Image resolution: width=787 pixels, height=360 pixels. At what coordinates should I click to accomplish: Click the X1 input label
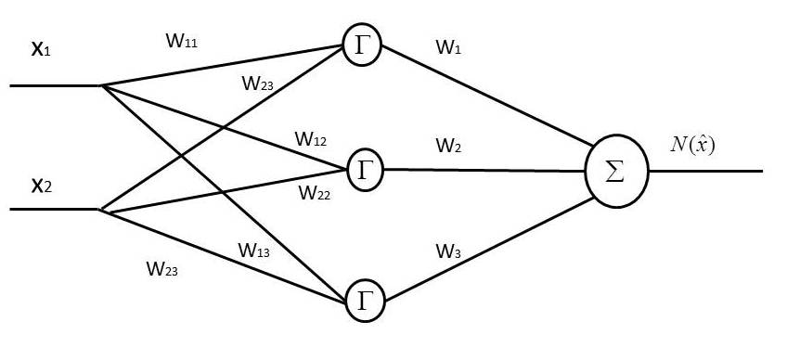tap(41, 48)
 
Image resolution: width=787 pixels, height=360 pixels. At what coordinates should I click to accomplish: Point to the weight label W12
tap(311, 140)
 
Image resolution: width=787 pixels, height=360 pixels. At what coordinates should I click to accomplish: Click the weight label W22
tap(313, 192)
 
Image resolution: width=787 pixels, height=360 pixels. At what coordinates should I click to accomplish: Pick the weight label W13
tap(254, 250)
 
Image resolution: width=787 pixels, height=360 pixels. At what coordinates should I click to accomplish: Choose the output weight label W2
tap(447, 147)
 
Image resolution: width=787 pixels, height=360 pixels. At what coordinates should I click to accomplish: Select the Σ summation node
tap(614, 172)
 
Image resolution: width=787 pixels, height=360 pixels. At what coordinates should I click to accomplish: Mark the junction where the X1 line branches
tap(101, 85)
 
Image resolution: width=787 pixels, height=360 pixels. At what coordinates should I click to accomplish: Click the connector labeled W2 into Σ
tap(483, 170)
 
